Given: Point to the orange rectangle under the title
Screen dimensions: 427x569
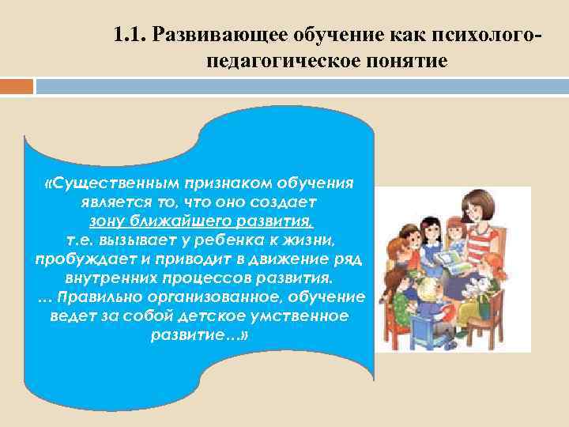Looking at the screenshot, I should (17, 85).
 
